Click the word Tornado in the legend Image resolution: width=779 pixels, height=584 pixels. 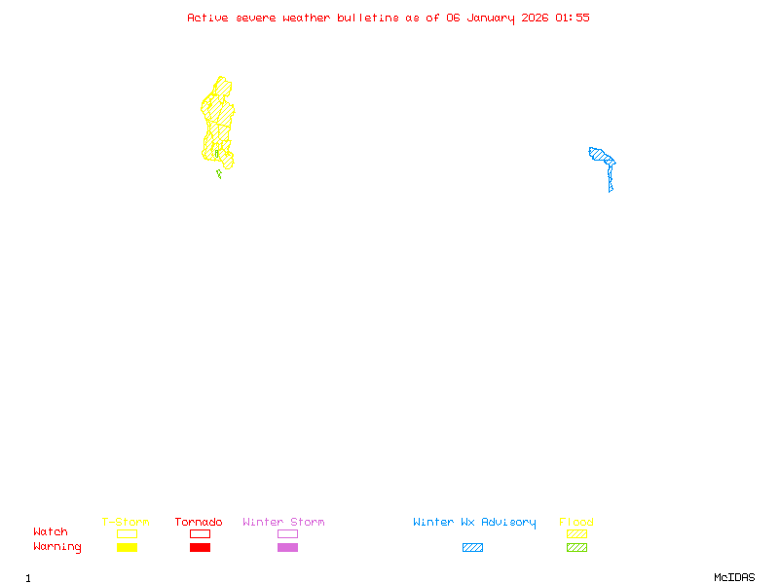(199, 523)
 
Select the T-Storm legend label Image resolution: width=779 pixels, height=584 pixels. (126, 523)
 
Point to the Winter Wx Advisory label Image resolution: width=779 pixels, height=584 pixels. (474, 523)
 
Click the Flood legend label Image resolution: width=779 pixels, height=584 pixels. (576, 523)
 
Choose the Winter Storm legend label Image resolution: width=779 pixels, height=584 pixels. (283, 523)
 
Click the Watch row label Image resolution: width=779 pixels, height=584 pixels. (51, 532)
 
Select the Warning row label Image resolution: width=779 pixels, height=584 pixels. (57, 547)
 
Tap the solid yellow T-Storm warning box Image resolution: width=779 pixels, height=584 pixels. (127, 548)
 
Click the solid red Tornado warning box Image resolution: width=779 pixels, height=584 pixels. (200, 548)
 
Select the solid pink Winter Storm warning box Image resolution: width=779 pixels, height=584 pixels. (287, 548)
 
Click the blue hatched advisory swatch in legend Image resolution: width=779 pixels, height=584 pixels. (472, 548)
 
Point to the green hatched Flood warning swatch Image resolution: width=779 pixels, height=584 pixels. (576, 548)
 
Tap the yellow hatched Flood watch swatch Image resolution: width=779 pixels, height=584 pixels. (576, 533)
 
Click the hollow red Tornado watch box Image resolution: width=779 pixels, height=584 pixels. (200, 533)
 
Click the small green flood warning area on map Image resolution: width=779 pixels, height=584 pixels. (219, 174)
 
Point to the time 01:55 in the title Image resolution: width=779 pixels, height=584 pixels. (573, 18)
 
